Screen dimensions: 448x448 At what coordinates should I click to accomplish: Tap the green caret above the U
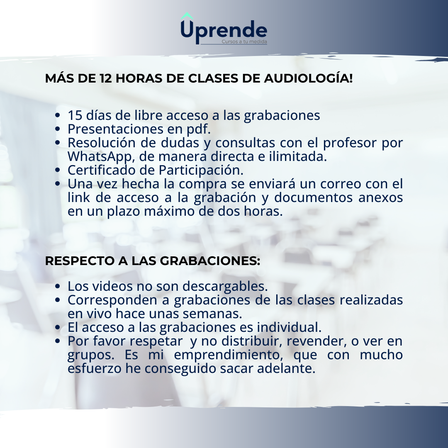coord(187,16)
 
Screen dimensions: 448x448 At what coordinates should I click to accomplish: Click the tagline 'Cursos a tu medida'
coord(244,42)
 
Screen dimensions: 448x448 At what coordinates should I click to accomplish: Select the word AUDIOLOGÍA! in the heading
coord(308,78)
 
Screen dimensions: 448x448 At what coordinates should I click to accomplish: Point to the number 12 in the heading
coord(106,78)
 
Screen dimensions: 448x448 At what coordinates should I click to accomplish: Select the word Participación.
coord(201,170)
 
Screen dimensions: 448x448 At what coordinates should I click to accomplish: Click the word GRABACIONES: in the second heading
coord(210,261)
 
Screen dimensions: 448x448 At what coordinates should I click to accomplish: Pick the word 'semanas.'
coord(212,314)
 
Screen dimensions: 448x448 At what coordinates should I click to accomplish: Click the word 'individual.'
coord(289,327)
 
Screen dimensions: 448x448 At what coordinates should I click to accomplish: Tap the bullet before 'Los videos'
coord(57,286)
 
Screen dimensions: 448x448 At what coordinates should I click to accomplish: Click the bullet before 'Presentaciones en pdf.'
coord(57,129)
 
